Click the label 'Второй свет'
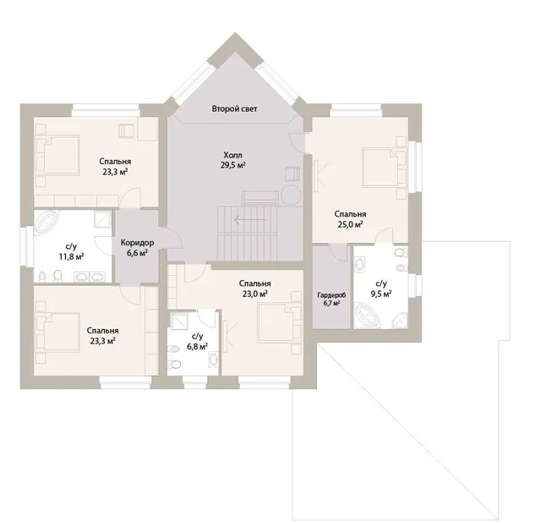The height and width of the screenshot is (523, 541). tap(234, 109)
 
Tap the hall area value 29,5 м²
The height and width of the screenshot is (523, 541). tap(233, 165)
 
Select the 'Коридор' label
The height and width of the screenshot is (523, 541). tap(137, 243)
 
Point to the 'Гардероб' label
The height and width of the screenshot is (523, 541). tap(331, 295)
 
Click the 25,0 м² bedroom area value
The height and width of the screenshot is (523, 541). tap(350, 224)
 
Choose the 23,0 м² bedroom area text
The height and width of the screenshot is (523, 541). tap(254, 294)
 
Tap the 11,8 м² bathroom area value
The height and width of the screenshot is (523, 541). tap(71, 256)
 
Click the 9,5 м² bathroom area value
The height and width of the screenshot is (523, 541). tap(381, 294)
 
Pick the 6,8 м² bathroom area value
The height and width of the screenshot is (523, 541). tap(197, 346)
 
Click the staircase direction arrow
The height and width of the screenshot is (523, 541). tap(250, 220)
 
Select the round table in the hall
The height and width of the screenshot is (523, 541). tap(291, 195)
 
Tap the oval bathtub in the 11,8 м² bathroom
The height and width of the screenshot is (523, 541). tap(47, 223)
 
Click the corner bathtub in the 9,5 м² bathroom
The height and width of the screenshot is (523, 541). tap(369, 315)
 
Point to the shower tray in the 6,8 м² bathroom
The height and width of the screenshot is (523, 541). tap(179, 320)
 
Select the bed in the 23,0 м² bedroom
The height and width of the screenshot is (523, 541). tap(279, 323)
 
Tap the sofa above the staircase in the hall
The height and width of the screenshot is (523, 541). tap(260, 198)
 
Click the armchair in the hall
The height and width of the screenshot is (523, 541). tap(292, 174)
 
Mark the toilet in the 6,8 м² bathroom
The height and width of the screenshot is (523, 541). tap(174, 364)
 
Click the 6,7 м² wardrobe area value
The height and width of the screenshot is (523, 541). tap(331, 304)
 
